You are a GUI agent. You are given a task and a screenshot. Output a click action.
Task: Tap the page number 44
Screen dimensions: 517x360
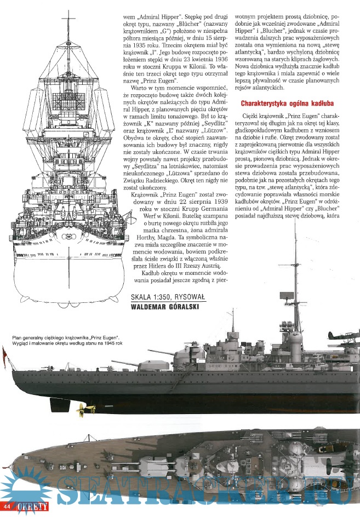tap(7, 504)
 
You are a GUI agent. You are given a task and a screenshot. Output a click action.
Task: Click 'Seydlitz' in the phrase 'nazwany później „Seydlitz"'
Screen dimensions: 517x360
tap(203, 140)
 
